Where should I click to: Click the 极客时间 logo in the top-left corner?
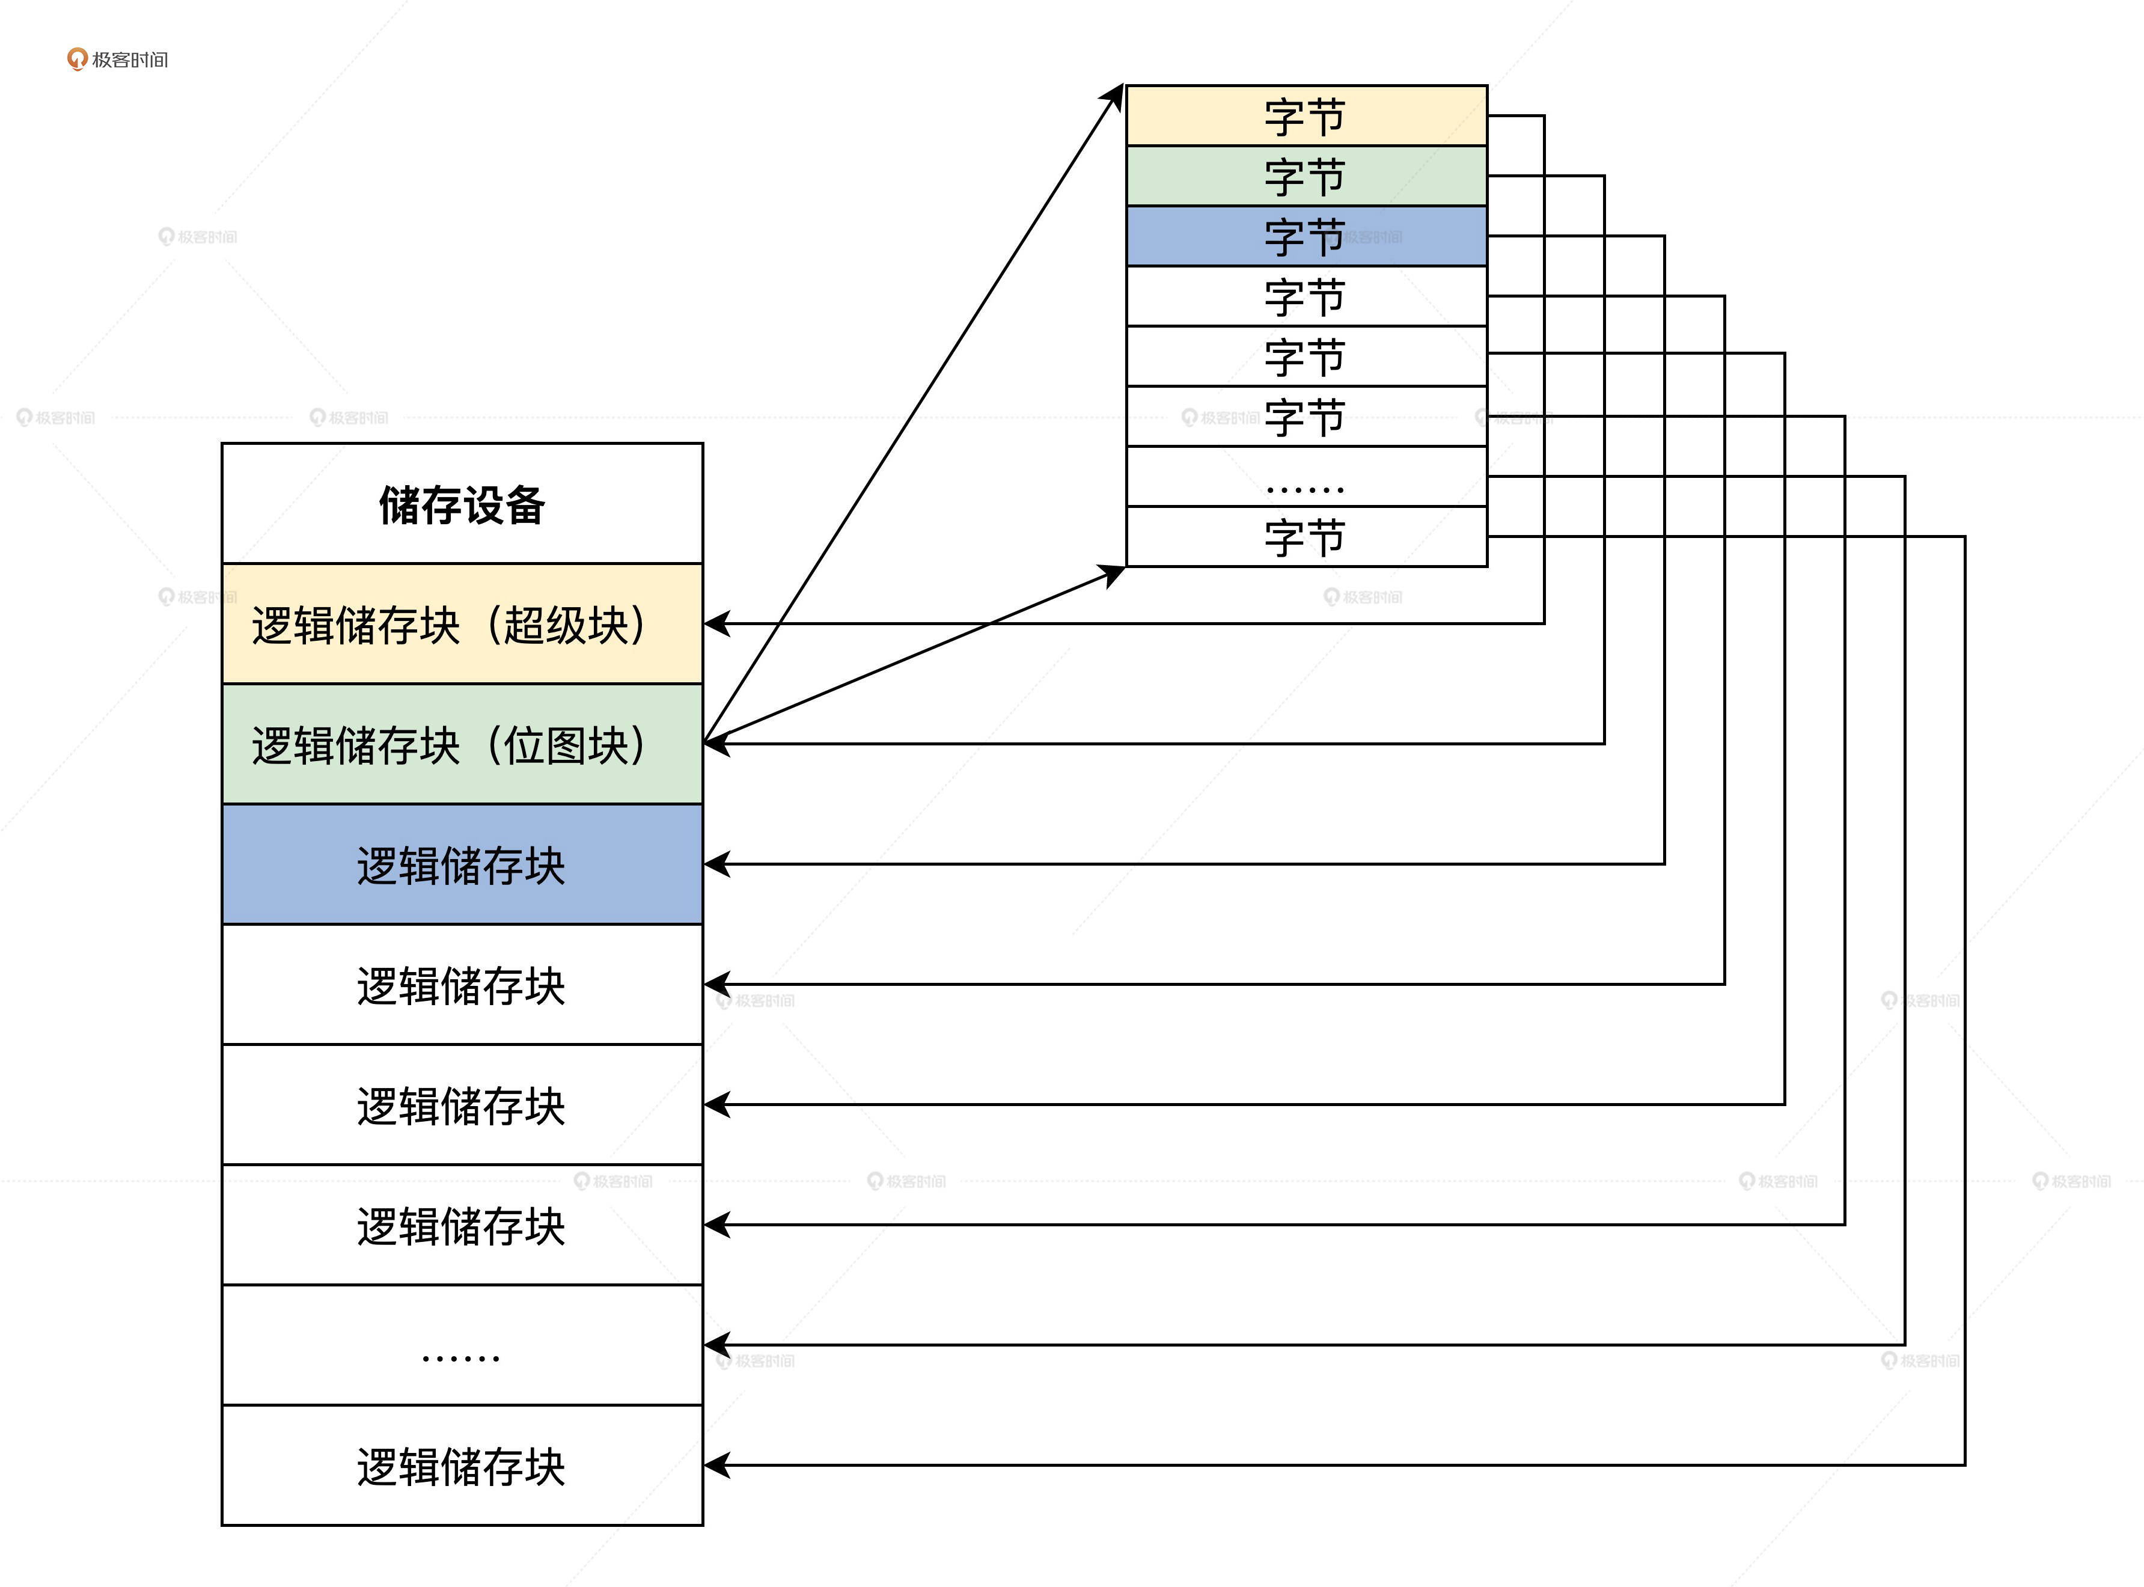point(117,60)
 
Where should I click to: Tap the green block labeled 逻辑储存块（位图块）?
point(462,744)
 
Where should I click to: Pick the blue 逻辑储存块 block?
point(462,864)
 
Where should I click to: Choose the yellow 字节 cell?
point(1306,116)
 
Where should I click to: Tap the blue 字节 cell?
point(1306,236)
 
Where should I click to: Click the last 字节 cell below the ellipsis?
point(1306,537)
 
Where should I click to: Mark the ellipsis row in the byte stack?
point(1306,477)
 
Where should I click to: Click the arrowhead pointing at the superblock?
point(716,623)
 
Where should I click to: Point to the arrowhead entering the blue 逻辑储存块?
point(716,864)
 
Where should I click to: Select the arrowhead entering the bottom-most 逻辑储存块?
point(716,1465)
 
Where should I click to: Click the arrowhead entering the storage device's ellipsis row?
point(716,1345)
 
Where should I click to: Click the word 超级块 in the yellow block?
point(566,625)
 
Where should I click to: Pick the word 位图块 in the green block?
point(566,745)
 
